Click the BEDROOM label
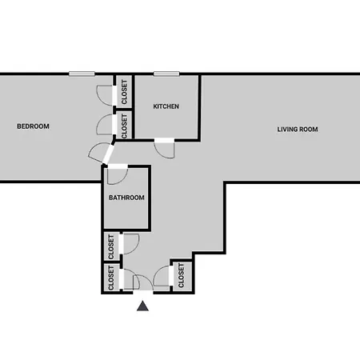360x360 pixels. click(x=33, y=126)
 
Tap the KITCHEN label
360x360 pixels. click(x=166, y=106)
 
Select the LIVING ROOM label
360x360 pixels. click(x=298, y=130)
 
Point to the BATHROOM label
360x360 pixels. click(x=126, y=198)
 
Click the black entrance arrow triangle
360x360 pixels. click(x=142, y=306)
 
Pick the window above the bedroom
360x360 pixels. click(x=82, y=74)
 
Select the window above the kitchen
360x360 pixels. click(x=166, y=74)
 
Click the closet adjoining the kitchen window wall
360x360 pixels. click(x=124, y=92)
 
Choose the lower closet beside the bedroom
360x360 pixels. click(x=124, y=126)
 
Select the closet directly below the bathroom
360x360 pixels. click(x=111, y=246)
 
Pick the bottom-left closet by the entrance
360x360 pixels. click(x=111, y=278)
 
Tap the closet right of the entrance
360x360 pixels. click(x=182, y=276)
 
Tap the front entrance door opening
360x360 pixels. click(x=143, y=292)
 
